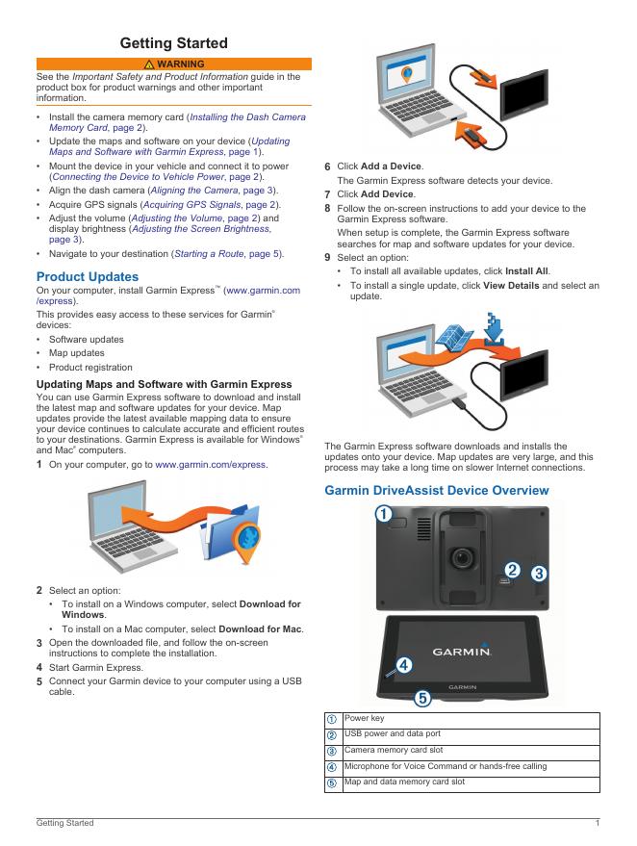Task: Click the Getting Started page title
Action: pyautogui.click(x=173, y=43)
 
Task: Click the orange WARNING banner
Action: pyautogui.click(x=173, y=64)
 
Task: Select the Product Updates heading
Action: pyautogui.click(x=87, y=276)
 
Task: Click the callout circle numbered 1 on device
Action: pyautogui.click(x=382, y=514)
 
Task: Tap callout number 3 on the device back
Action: pyautogui.click(x=540, y=572)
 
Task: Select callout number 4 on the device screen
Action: pyautogui.click(x=404, y=663)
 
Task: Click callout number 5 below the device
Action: pyautogui.click(x=421, y=697)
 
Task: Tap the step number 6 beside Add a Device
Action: pyautogui.click(x=327, y=167)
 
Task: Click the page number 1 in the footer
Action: pyautogui.click(x=598, y=822)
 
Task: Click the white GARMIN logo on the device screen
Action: pyautogui.click(x=462, y=652)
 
